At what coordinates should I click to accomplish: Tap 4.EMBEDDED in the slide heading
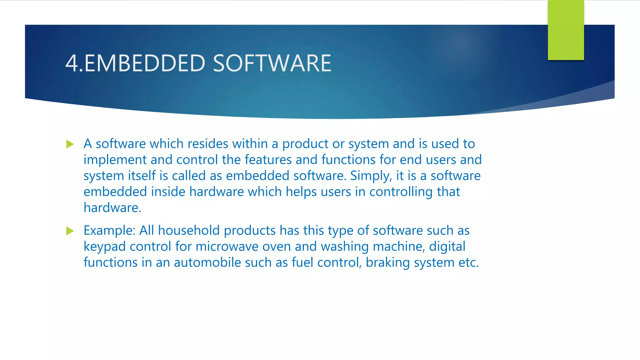point(135,63)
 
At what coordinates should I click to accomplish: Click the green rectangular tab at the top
point(566,30)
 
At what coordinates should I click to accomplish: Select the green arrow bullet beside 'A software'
point(70,144)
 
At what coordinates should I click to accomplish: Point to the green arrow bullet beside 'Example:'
point(70,231)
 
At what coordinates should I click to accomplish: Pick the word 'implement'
point(115,160)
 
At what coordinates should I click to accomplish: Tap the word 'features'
point(268,160)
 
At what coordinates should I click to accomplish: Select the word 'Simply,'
point(371,176)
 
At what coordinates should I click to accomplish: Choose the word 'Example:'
point(109,231)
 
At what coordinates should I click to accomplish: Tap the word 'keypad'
point(104,247)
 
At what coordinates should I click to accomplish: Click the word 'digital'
point(447,247)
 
